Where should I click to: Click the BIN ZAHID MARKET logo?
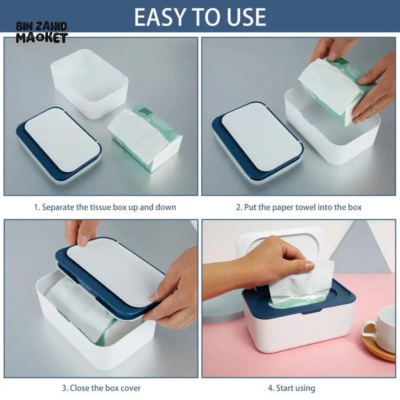42,33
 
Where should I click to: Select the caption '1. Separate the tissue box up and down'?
105,207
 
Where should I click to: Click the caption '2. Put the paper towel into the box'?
299,207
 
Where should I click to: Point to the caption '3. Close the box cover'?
101,388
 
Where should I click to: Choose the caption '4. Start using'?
291,388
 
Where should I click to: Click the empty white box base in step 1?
90,84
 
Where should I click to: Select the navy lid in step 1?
59,144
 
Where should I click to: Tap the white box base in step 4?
299,329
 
